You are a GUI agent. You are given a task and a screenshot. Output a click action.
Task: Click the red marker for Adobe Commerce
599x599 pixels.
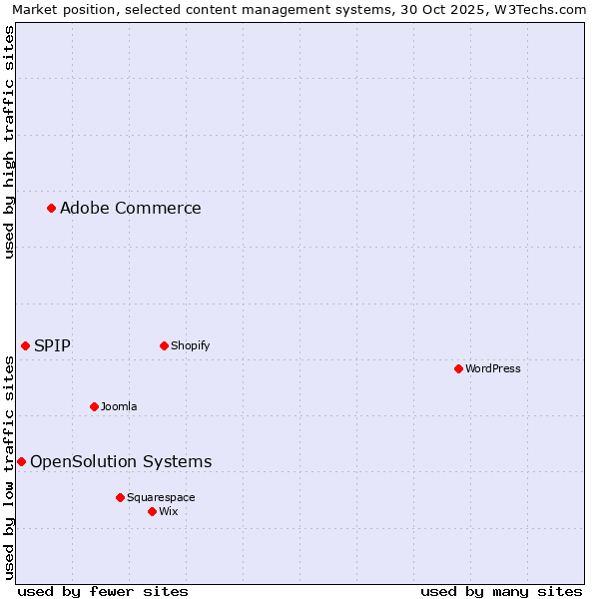coord(51,208)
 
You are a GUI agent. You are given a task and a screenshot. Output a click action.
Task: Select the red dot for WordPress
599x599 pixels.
coord(458,368)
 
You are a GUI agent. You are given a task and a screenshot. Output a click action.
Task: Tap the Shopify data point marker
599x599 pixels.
coord(164,345)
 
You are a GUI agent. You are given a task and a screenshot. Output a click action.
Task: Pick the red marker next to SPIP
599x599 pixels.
coord(25,345)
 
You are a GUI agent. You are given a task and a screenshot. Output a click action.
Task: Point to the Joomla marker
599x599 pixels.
coord(94,406)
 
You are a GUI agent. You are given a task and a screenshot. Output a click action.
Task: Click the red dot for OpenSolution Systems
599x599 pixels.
coord(21,461)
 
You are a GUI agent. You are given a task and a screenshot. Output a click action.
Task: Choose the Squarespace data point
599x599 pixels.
coord(120,497)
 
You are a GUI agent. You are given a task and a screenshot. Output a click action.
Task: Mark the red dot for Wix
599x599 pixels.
coord(152,511)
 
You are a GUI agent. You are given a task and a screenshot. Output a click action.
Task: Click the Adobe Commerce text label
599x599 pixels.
coord(130,208)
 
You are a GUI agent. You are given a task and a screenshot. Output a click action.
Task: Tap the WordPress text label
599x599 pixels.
coord(493,368)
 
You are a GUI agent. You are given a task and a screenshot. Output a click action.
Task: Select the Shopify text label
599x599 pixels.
coord(190,345)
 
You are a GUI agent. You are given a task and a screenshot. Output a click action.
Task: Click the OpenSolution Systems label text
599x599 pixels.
coord(121,461)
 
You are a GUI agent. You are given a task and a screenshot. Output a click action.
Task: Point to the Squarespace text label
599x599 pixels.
coord(161,497)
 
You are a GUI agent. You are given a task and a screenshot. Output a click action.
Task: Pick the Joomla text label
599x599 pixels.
coord(119,406)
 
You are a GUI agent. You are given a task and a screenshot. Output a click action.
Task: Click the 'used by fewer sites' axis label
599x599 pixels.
coord(102,591)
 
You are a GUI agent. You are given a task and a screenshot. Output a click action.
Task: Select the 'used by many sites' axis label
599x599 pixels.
coord(501,591)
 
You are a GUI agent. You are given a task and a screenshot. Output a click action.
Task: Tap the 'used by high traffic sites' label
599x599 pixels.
coord(9,142)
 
